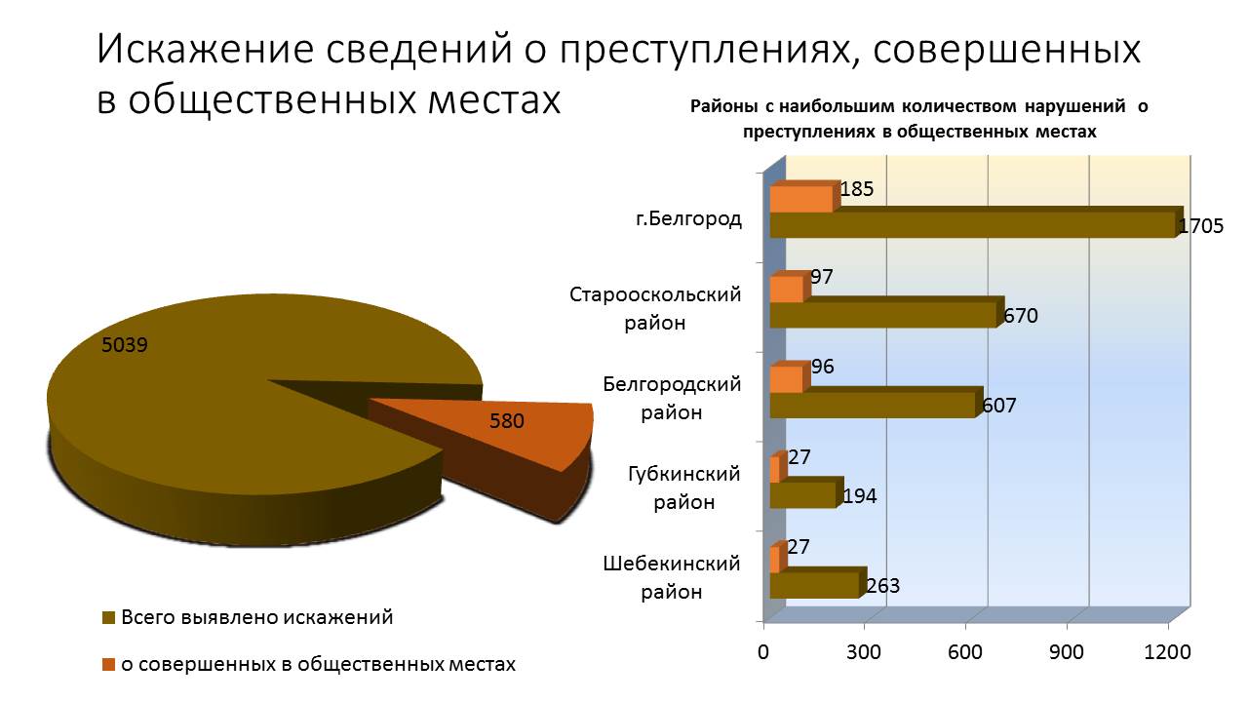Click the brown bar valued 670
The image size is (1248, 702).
click(882, 315)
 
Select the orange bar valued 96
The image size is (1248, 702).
click(786, 379)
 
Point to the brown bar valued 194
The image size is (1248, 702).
click(802, 495)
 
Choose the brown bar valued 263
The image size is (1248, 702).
click(813, 585)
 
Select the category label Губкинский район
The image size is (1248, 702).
click(683, 488)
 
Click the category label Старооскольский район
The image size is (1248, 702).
click(655, 308)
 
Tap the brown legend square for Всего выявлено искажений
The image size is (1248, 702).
click(108, 618)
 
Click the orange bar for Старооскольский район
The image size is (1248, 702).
click(786, 290)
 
